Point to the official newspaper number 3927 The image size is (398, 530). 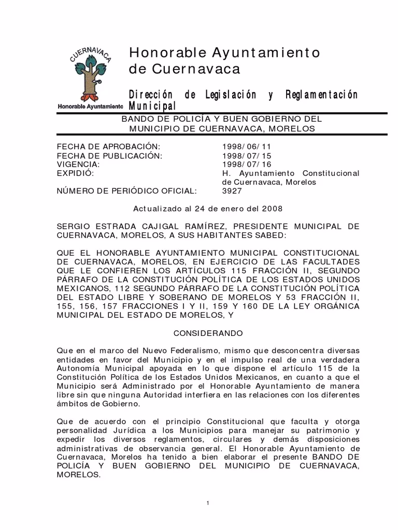point(232,191)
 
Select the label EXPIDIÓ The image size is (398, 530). point(75,173)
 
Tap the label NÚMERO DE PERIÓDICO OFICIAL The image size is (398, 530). point(126,191)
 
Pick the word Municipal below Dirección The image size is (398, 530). point(152,106)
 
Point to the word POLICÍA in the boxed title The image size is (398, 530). point(177,119)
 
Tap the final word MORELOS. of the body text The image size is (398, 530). point(78,474)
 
